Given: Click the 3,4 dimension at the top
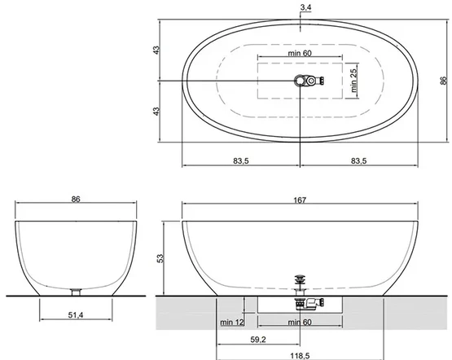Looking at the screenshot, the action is tap(305, 7).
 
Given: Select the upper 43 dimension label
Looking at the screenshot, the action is tap(156, 50).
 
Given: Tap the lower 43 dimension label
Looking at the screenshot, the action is tap(156, 112).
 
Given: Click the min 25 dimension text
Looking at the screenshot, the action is tap(353, 81).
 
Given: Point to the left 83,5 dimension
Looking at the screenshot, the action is tap(241, 160).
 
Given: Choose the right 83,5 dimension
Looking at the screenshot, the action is tap(358, 160).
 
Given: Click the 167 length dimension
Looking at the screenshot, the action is tap(300, 200).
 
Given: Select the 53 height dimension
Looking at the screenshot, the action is tap(160, 258).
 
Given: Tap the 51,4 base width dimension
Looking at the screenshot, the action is tap(76, 315).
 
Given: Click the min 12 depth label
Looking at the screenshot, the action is tap(232, 323).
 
